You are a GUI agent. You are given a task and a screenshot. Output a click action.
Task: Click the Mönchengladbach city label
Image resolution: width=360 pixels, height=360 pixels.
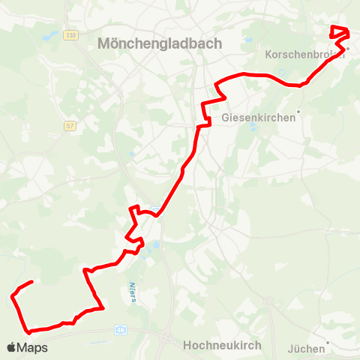click(x=160, y=43)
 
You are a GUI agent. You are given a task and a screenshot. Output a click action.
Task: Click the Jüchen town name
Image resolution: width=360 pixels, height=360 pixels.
click(x=306, y=348)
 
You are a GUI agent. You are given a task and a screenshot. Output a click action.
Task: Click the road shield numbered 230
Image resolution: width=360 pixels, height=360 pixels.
click(x=71, y=35)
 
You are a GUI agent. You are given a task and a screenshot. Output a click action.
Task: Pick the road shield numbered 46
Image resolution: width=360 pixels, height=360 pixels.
click(x=121, y=329)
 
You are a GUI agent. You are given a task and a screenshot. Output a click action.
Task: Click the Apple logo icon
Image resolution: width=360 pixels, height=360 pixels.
click(x=11, y=347)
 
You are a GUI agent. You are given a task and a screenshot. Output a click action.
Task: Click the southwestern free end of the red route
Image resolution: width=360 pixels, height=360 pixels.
click(x=31, y=282)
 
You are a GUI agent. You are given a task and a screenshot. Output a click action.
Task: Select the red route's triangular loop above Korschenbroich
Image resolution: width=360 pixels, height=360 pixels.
click(x=340, y=32)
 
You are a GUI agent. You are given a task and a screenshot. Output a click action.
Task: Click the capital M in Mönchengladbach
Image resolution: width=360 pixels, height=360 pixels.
click(x=104, y=43)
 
